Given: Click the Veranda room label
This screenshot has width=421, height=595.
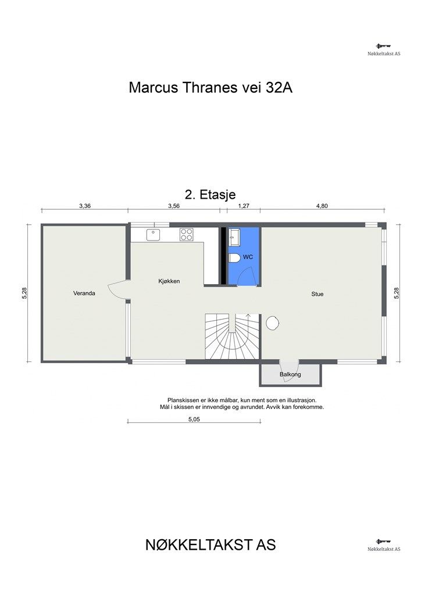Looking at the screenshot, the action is [x=84, y=293].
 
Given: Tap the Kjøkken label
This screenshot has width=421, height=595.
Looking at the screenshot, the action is [x=169, y=281].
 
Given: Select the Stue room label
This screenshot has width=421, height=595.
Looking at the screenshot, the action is [x=317, y=294].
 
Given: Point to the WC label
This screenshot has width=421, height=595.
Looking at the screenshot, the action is [x=248, y=257].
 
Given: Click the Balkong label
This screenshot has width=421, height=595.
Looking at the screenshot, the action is [x=290, y=374].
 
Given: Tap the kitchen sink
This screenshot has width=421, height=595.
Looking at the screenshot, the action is [x=153, y=235].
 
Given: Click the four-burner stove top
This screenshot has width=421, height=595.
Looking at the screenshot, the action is [x=187, y=235].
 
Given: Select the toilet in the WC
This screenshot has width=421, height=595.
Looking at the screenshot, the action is [x=234, y=259].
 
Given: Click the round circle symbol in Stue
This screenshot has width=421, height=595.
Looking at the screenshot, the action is [x=273, y=323].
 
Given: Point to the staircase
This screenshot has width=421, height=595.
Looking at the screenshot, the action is [x=232, y=336].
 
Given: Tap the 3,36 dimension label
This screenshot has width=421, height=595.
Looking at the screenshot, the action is [x=85, y=206].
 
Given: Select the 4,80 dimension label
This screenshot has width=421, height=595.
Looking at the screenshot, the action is [x=322, y=206].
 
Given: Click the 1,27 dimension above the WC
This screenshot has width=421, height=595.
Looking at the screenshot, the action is [x=243, y=206].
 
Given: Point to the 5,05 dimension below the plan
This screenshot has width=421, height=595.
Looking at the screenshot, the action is [x=194, y=420].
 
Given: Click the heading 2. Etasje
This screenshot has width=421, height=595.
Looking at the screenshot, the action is [x=211, y=194].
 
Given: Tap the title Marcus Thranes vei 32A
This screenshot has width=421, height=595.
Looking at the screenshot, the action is [x=211, y=88].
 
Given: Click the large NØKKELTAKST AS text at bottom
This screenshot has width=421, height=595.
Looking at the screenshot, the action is [x=211, y=545].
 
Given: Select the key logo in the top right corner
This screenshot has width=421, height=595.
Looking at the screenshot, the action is [x=383, y=46].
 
